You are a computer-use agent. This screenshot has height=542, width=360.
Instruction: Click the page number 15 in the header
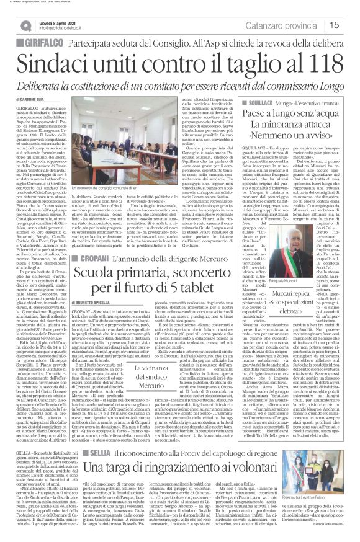tap(350, 25)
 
